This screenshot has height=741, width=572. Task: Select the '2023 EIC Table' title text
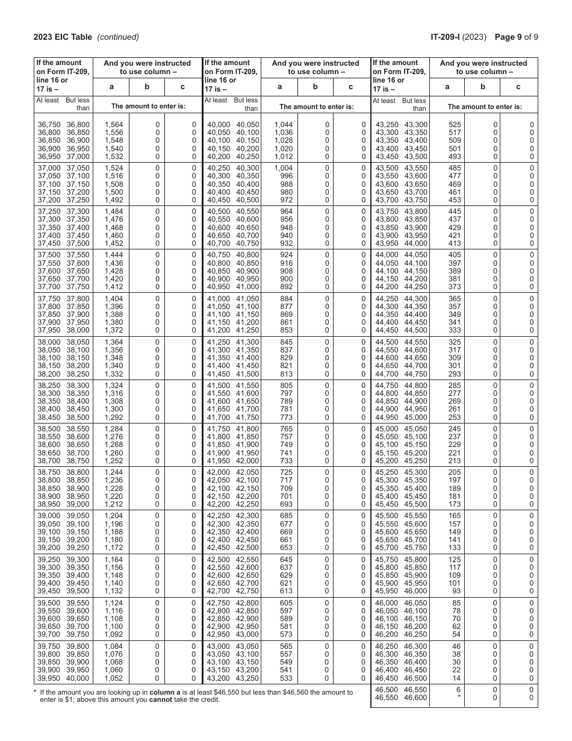(63, 37)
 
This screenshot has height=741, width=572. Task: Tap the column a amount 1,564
(113, 125)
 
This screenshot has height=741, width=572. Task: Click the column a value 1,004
(283, 168)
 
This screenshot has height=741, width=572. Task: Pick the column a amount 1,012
(283, 157)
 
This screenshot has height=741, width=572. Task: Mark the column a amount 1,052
(113, 678)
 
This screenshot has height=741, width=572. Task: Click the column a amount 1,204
(113, 516)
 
